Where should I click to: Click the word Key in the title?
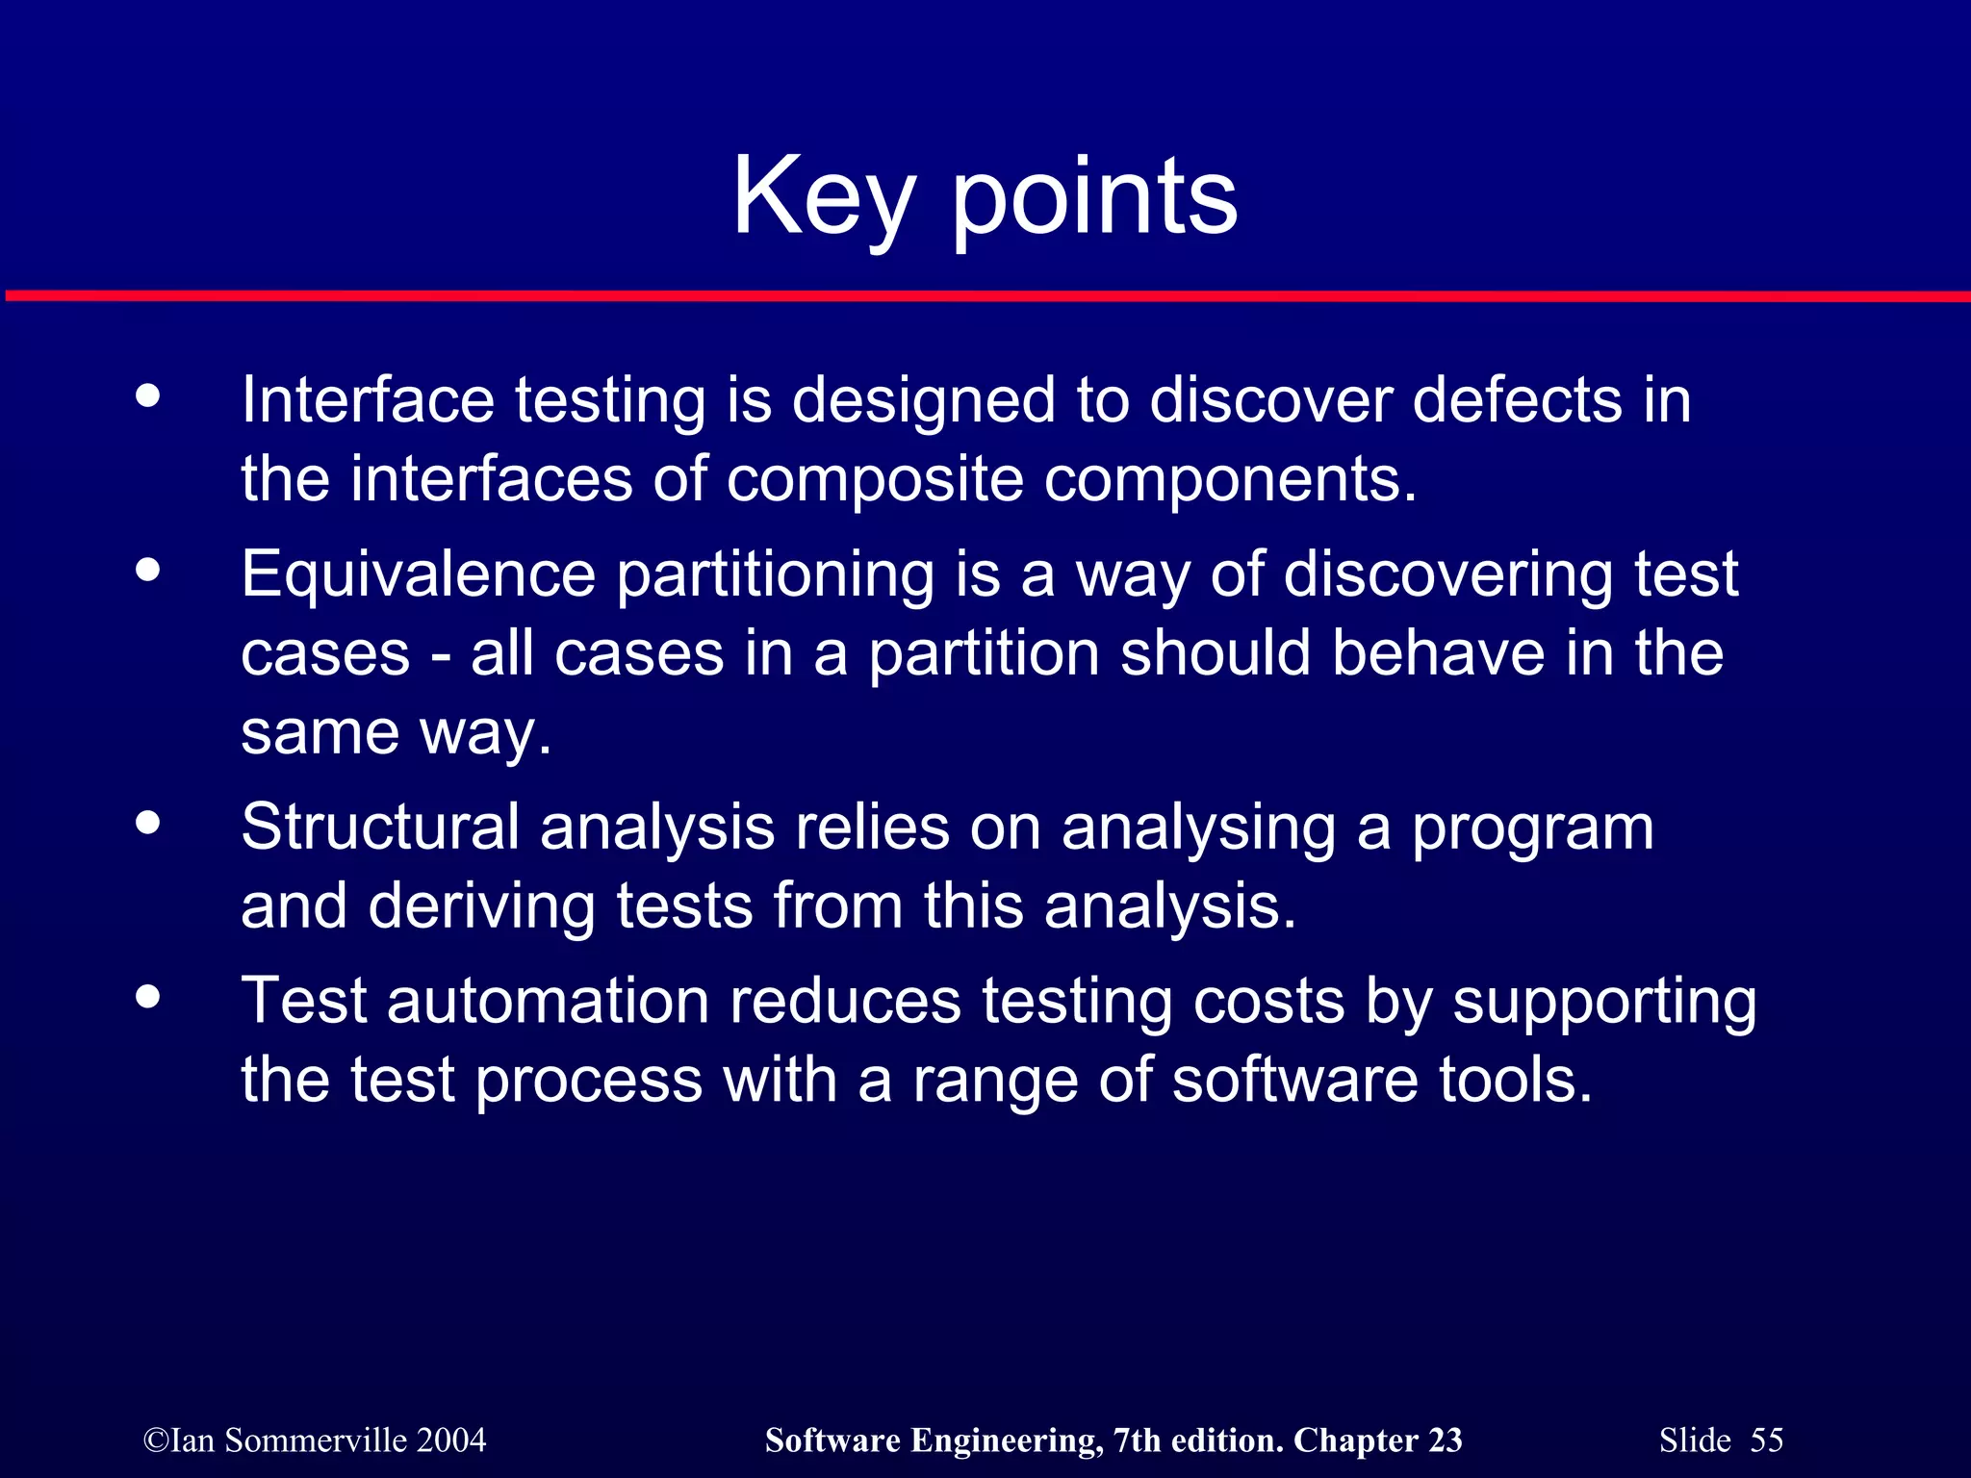(x=823, y=197)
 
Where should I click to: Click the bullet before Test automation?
(x=148, y=995)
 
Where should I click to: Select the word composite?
(x=874, y=479)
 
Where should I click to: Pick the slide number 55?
(x=1766, y=1440)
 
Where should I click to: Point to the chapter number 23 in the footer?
(x=1445, y=1440)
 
